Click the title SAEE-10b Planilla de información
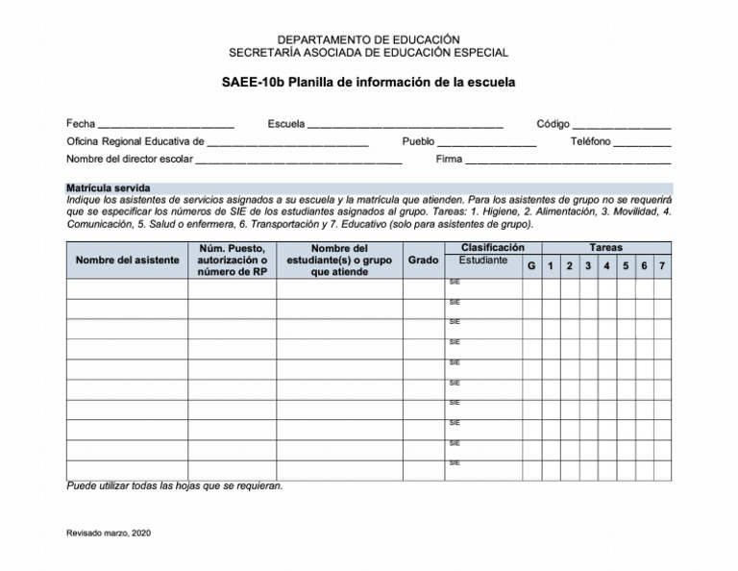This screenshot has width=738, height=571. tap(368, 83)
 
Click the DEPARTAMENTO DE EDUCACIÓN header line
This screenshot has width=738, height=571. tap(368, 38)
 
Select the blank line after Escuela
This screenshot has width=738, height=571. tap(405, 125)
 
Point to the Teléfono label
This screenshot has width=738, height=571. tap(591, 141)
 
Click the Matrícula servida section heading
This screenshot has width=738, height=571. tap(108, 187)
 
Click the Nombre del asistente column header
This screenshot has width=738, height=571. tap(127, 261)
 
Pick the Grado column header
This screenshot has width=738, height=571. tap(423, 261)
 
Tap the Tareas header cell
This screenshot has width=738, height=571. tap(605, 248)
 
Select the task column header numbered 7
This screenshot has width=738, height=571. tap(662, 266)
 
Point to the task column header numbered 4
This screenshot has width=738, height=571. tap(606, 266)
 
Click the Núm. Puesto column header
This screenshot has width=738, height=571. tap(231, 261)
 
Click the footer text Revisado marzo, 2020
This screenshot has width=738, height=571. tap(109, 532)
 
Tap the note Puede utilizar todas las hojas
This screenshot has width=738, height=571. tap(174, 486)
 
